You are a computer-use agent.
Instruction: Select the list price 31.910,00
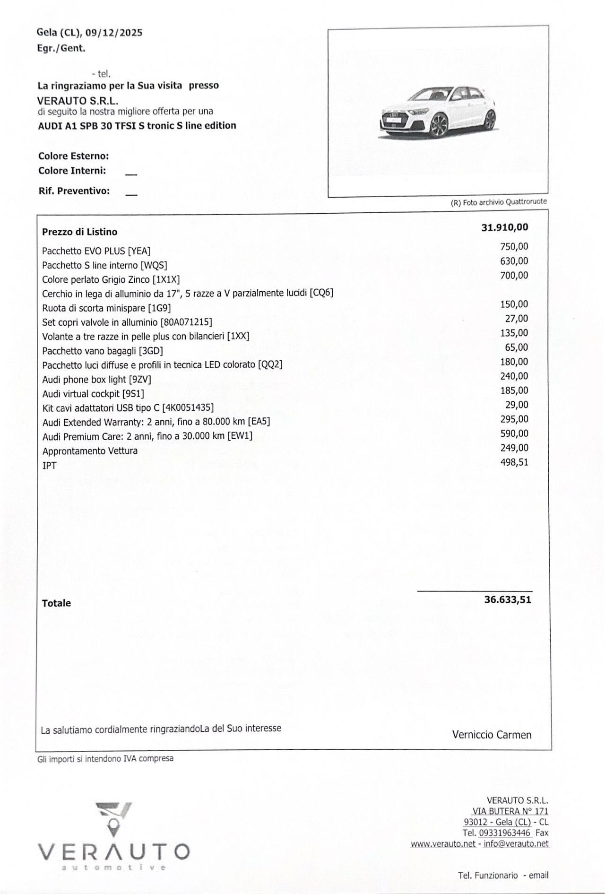pos(504,227)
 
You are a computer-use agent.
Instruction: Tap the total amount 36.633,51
pos(508,600)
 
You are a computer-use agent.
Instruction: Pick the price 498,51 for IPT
pos(514,462)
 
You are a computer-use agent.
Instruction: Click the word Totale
pos(56,603)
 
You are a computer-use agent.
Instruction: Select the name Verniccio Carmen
pos(492,735)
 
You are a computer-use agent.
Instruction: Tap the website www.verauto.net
pos(443,844)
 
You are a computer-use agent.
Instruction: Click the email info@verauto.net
pos(516,844)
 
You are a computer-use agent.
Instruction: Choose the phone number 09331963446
pos(504,833)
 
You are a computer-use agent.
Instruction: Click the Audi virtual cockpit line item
pos(93,394)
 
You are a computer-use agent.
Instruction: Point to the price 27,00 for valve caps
pos(517,319)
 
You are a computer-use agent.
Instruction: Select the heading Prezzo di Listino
pos(79,232)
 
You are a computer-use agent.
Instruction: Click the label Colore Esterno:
pos(73,156)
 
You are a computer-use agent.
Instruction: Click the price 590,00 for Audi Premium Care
pos(514,434)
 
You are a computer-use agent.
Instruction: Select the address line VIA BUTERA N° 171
pos(510,811)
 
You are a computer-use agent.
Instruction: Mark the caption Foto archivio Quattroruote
pos(504,202)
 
